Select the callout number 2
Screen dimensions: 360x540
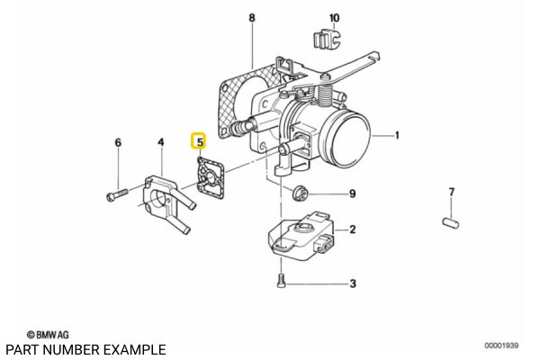[353, 229]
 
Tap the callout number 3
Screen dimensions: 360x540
[353, 283]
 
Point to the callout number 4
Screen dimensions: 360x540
[161, 141]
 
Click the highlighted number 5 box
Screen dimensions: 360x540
[199, 141]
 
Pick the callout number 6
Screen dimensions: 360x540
[117, 142]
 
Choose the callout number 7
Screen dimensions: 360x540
[453, 192]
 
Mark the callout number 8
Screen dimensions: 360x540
[252, 18]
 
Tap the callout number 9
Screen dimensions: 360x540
[353, 193]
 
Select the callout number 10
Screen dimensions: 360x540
[334, 18]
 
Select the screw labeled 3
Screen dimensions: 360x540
[282, 281]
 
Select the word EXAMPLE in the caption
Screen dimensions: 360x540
[134, 348]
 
